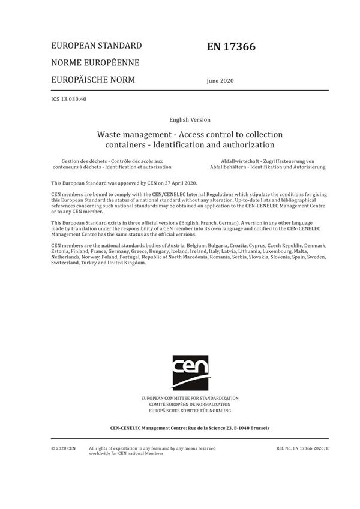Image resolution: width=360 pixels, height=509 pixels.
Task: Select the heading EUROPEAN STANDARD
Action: coord(97,46)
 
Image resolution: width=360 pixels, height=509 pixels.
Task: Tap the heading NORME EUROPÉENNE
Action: coord(95,62)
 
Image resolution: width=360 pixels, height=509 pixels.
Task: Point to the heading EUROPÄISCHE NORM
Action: coord(93,80)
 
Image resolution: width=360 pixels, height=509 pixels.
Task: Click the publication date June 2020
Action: coord(220,80)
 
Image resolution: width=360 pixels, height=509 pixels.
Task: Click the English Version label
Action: coord(190,120)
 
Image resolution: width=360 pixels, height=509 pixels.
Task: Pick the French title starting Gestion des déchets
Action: coord(112,164)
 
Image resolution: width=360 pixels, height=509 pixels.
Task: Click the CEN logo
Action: coord(190,372)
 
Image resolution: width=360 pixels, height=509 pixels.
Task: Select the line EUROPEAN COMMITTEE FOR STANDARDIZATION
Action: coord(190,398)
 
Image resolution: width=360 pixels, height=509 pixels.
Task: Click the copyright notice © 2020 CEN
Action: coord(64,448)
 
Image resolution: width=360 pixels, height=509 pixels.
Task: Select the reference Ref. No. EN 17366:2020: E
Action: coord(303,448)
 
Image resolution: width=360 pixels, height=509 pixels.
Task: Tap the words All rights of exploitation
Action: coord(114,448)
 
